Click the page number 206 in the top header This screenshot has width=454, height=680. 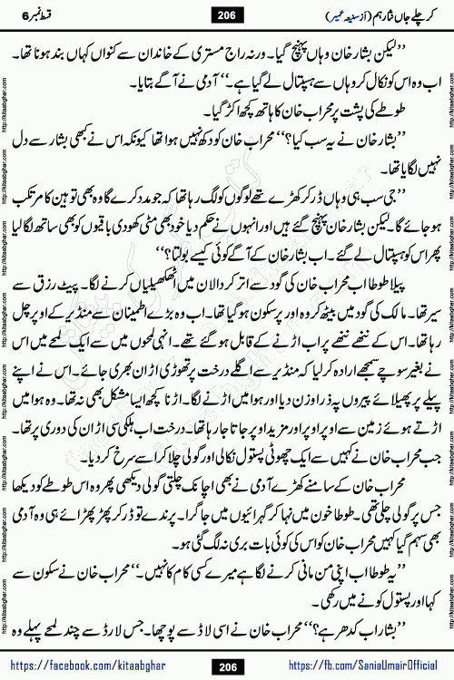tap(226, 15)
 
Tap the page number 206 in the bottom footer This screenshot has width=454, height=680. tap(226, 665)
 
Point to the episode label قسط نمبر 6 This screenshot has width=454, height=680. tap(36, 15)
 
